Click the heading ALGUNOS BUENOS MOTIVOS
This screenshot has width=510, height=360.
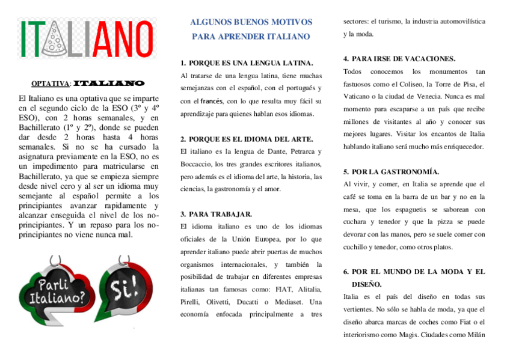(x=251, y=22)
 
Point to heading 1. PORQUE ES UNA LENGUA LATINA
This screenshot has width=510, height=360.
(x=247, y=63)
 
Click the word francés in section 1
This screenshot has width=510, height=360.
(x=211, y=101)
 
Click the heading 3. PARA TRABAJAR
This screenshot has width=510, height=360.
(x=216, y=214)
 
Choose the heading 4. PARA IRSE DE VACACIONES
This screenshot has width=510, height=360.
(x=399, y=59)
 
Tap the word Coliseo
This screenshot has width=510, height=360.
(x=407, y=84)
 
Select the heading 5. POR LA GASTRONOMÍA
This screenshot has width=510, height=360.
(x=391, y=171)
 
